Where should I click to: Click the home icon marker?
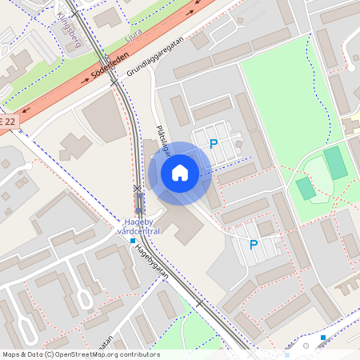tap(180, 173)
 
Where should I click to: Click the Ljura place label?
tap(134, 38)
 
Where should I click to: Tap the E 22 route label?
tap(7, 121)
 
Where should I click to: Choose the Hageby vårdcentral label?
tap(139, 226)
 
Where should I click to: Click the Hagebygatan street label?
tap(154, 262)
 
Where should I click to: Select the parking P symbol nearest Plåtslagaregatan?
tap(214, 144)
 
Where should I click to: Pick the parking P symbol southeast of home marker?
tap(254, 245)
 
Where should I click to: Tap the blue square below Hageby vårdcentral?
tap(133, 240)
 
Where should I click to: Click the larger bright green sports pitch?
tap(336, 162)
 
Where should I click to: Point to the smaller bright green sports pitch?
tap(306, 189)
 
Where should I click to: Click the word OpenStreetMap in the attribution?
tap(94, 354)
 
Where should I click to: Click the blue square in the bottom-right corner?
tap(323, 338)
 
